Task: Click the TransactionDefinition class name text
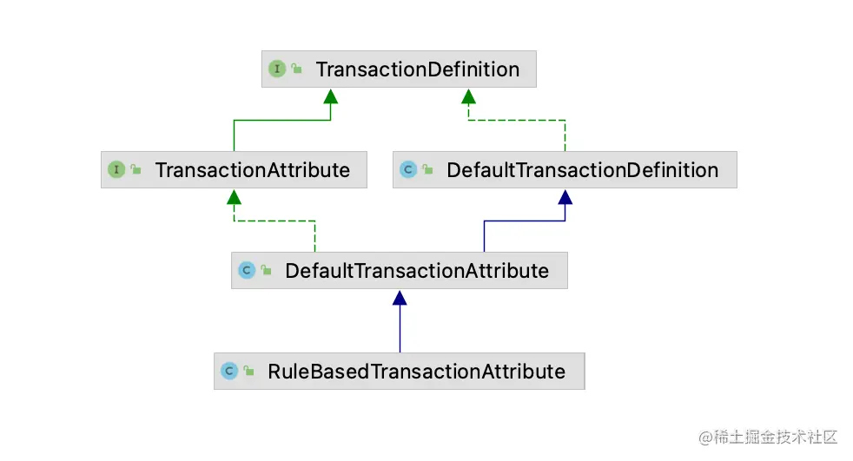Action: click(418, 69)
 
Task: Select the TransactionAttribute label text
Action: click(253, 170)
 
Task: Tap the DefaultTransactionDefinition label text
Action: click(583, 170)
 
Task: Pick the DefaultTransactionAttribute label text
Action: click(417, 271)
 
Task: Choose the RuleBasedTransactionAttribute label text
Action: click(417, 372)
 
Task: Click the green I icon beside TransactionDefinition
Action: click(277, 69)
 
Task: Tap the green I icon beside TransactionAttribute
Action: click(116, 169)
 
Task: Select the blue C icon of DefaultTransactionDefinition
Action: click(408, 169)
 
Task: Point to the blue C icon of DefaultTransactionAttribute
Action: click(247, 270)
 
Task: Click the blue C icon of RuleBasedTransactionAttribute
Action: click(229, 371)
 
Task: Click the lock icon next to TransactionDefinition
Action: click(296, 68)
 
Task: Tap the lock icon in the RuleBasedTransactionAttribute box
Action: click(248, 370)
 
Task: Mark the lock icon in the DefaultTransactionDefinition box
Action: click(427, 169)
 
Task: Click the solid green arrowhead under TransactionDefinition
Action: click(331, 96)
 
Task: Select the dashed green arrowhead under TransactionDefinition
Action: click(468, 96)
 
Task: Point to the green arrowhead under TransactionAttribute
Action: click(234, 197)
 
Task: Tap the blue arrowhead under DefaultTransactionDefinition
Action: click(565, 197)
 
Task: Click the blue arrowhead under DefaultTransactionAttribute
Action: click(400, 298)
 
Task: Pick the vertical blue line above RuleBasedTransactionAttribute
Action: click(400, 329)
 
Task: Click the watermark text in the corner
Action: click(768, 437)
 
